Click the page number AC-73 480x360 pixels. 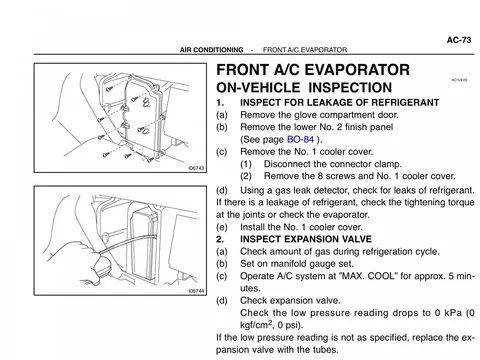click(459, 40)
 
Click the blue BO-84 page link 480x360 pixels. click(301, 139)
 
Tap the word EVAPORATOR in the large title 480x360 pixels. click(357, 70)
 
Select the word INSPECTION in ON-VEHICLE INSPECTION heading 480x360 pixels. click(350, 88)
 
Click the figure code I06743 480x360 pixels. click(196, 168)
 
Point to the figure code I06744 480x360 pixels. click(196, 291)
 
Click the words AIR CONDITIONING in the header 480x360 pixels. click(212, 50)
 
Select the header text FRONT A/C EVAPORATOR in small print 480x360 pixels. click(305, 50)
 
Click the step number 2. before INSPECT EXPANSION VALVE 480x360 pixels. click(220, 239)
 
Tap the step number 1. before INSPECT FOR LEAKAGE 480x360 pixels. click(220, 103)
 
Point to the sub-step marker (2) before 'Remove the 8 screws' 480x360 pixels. click(246, 176)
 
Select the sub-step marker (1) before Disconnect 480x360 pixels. click(246, 164)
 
